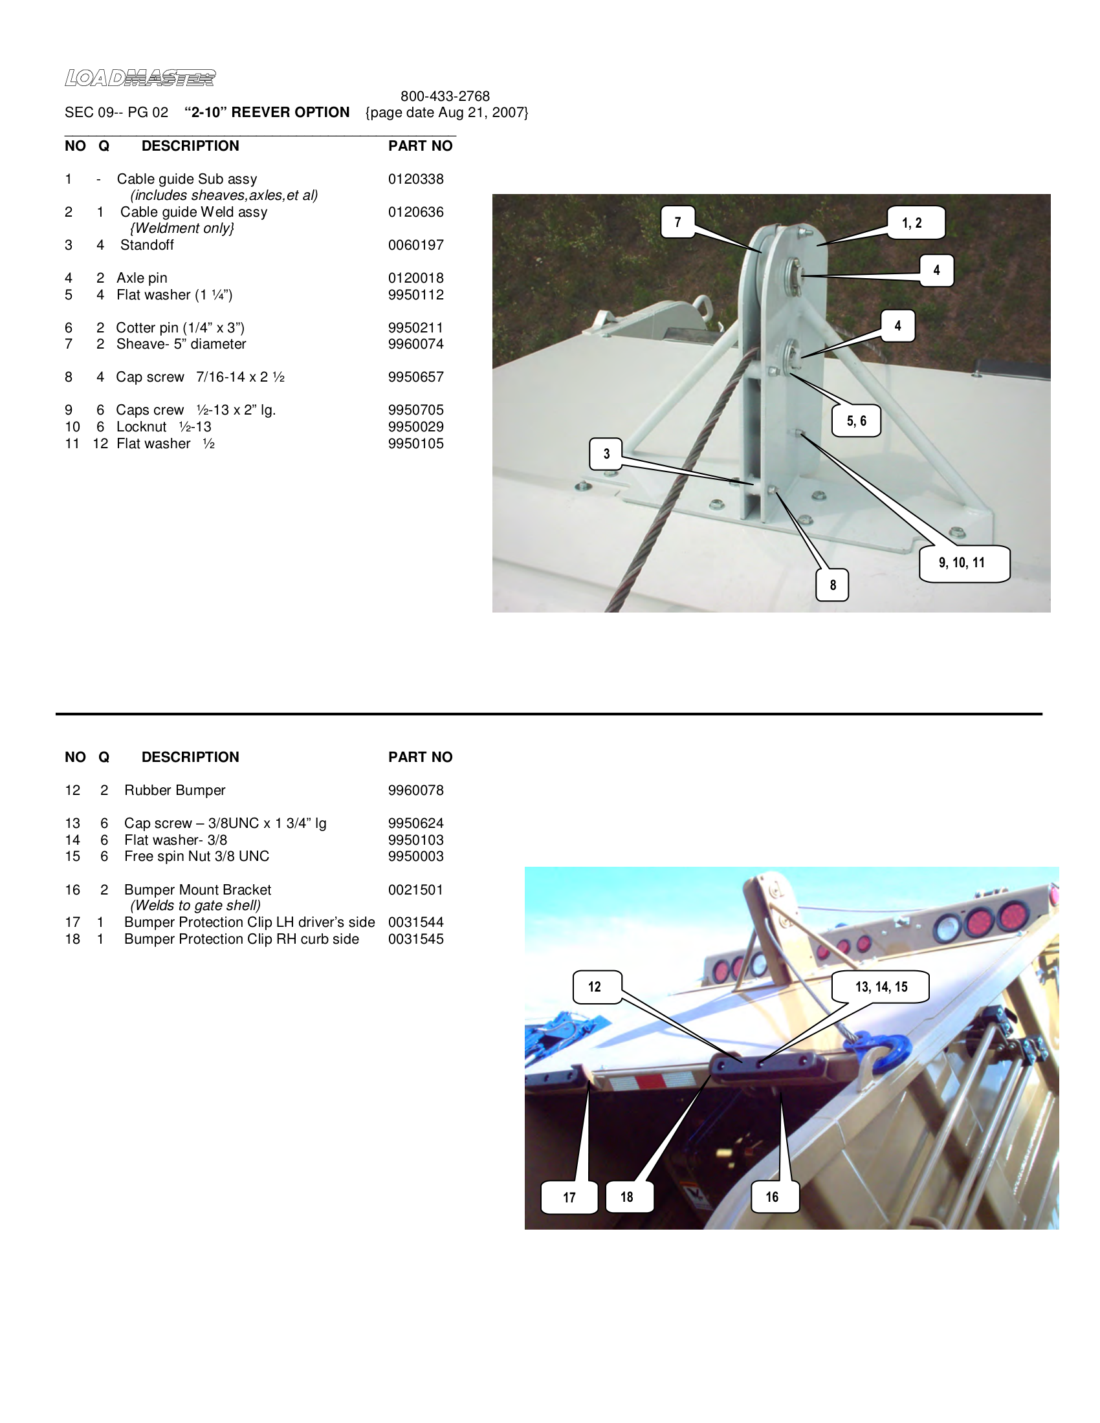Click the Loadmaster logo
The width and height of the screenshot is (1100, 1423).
click(140, 78)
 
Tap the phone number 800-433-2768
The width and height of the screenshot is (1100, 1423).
click(445, 96)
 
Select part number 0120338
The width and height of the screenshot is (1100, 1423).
click(416, 179)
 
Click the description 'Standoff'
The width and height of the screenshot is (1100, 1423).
click(147, 245)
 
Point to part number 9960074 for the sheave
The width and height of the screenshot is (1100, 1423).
click(416, 344)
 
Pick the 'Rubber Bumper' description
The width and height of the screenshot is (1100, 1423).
click(175, 790)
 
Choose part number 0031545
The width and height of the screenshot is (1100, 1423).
click(416, 939)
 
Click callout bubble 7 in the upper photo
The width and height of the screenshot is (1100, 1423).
click(677, 222)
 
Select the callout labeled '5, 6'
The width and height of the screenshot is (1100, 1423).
click(856, 421)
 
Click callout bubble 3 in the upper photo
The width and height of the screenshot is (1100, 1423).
click(607, 453)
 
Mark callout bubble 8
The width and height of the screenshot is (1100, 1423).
click(833, 585)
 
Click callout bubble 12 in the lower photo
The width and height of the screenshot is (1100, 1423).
click(595, 986)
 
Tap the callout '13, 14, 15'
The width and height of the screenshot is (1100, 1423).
click(881, 986)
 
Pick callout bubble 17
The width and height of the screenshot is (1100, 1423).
click(569, 1197)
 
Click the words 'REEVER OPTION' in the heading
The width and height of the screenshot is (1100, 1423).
click(291, 112)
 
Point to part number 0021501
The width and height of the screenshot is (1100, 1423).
click(416, 890)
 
